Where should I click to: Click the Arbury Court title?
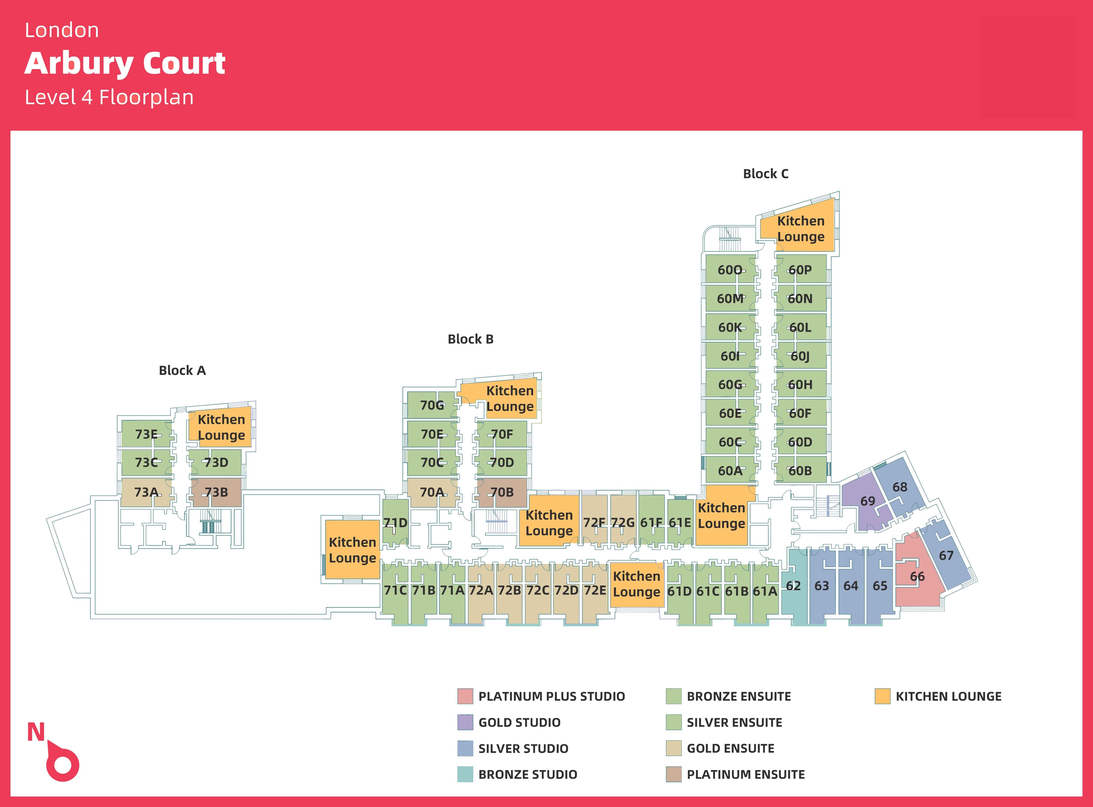pyautogui.click(x=125, y=63)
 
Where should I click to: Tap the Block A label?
pyautogui.click(x=182, y=370)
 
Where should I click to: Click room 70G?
pyautogui.click(x=432, y=405)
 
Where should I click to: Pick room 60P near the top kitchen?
pyautogui.click(x=800, y=270)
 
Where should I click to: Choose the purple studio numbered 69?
pyautogui.click(x=867, y=501)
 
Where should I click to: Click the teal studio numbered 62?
pyautogui.click(x=793, y=586)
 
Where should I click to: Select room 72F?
pyautogui.click(x=594, y=523)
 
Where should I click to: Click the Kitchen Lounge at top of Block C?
pyautogui.click(x=800, y=229)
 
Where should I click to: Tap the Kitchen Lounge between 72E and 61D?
pyautogui.click(x=636, y=584)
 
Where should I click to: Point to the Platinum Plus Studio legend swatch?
pyautogui.click(x=465, y=696)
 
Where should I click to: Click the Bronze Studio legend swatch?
pyautogui.click(x=465, y=774)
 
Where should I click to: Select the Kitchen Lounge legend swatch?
pyautogui.click(x=882, y=696)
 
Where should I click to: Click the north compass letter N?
pyautogui.click(x=36, y=732)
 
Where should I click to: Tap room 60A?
pyautogui.click(x=730, y=471)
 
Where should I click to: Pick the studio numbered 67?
pyautogui.click(x=946, y=555)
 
